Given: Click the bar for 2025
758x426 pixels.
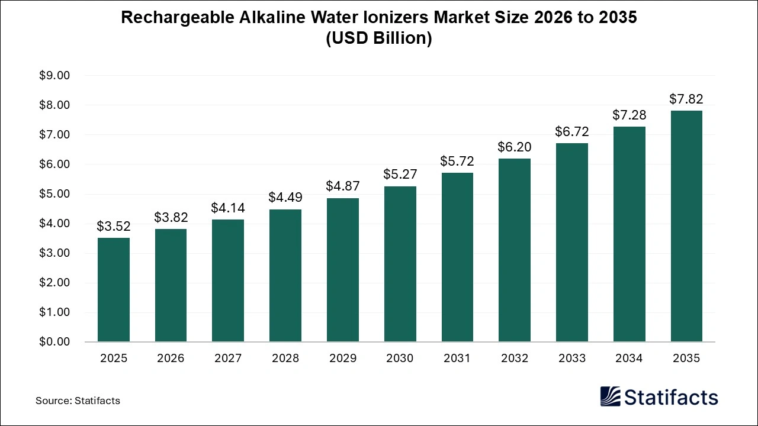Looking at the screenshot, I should coord(114,290).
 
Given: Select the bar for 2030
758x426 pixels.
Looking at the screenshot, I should coord(400,264).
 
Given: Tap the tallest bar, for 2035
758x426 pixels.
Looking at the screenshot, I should coord(686,226).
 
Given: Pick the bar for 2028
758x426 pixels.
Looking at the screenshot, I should coord(285,276).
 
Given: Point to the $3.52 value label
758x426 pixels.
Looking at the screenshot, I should coord(114,226).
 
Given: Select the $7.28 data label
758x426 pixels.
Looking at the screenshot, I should coord(629,115).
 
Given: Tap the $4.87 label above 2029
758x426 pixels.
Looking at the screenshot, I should coord(343,186).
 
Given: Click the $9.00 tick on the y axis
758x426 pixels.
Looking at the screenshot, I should coord(54,76).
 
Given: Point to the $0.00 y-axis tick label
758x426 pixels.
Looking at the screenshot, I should coord(54,342).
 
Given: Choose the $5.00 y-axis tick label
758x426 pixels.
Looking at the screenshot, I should coord(54,194).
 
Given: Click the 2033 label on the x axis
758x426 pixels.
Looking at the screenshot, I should coord(571,359).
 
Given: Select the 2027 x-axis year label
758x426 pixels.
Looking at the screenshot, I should coord(228,359).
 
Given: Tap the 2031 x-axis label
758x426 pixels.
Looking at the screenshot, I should coord(457,359).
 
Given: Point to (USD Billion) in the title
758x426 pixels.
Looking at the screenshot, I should coord(379,38).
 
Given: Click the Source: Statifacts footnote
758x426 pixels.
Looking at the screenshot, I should coord(78,401).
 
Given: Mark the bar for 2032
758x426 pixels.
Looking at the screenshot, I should coord(514,250).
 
